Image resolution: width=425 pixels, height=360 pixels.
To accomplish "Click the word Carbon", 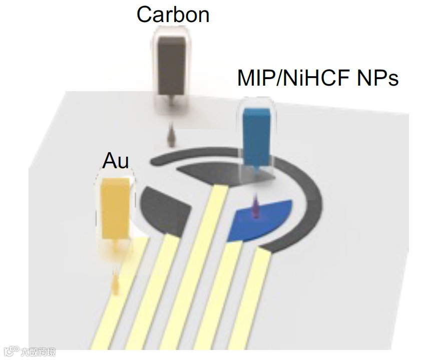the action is (173, 15).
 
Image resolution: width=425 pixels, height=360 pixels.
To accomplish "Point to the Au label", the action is (116, 161).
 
